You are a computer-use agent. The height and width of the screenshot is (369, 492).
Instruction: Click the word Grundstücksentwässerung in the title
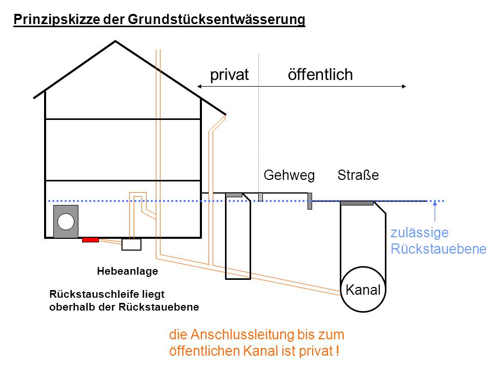pos(216,19)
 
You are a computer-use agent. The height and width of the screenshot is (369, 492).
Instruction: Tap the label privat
pos(230,75)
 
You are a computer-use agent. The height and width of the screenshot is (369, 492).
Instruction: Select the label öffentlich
pos(320,74)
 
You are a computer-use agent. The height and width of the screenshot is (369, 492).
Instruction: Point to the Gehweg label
pos(289,175)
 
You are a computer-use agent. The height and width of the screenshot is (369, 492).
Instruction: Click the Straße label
pos(358,175)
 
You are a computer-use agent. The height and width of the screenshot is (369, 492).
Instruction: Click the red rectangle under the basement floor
pos(90,240)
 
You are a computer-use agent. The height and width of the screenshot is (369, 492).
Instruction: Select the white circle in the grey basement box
pos(66,221)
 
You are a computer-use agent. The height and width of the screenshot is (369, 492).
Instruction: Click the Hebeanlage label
pos(128,271)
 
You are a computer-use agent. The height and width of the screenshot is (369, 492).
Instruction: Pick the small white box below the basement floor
pos(132,244)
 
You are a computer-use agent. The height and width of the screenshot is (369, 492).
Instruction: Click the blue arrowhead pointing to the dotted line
pos(435,203)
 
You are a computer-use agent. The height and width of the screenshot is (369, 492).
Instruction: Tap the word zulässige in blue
pos(420,233)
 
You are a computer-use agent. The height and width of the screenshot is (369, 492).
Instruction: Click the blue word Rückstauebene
pos(438,249)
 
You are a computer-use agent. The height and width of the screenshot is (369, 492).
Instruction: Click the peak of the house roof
pos(115,41)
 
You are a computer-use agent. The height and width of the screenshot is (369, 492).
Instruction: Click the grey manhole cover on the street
pos(357,203)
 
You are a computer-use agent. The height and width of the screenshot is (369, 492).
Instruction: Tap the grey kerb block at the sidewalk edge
pos(310,201)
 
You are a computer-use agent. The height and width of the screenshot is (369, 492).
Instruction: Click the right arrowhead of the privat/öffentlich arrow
pos(404,86)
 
